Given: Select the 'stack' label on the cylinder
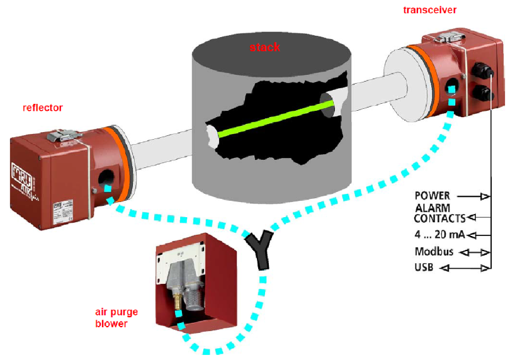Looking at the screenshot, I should pos(265,47).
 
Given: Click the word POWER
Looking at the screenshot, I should pos(432,196).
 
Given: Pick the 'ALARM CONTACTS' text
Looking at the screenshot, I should pos(439,213).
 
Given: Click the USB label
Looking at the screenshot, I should pos(425,268).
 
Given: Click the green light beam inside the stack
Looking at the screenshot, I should pos(271,117).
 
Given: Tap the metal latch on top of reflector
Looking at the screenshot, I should pos(63,135).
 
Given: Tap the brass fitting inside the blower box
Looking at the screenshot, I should pos(177,301).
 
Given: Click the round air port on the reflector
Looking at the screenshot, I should pos(106,177).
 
